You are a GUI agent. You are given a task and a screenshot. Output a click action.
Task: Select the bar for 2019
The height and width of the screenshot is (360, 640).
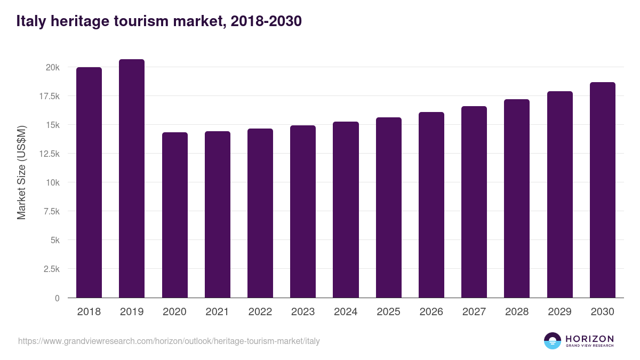(132, 179)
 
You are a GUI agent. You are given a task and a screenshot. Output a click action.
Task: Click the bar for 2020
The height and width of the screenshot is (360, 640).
(175, 215)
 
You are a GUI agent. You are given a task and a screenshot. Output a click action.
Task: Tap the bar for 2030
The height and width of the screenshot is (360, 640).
(603, 190)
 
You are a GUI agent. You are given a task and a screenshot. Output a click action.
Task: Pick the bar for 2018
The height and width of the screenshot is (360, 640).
(89, 182)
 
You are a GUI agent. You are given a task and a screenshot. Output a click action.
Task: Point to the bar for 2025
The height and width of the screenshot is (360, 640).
(389, 207)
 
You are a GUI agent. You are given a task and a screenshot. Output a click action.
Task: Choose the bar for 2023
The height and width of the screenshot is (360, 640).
(303, 211)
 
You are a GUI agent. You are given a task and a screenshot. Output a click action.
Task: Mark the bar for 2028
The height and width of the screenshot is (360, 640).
(517, 198)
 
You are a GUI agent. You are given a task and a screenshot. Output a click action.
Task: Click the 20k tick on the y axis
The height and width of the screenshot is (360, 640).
(52, 68)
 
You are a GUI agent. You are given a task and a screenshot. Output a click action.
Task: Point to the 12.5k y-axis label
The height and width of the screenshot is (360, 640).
(49, 154)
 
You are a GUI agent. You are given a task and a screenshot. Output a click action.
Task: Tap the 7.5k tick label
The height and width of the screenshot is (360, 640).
(51, 212)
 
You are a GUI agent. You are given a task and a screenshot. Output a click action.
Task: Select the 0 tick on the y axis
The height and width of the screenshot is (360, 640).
(57, 298)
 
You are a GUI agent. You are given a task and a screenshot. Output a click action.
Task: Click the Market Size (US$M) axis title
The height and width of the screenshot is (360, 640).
(21, 172)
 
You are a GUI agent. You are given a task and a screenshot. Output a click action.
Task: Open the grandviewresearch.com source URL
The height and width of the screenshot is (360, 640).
(169, 341)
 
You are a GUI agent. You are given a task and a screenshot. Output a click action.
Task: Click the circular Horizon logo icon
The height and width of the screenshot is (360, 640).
(553, 341)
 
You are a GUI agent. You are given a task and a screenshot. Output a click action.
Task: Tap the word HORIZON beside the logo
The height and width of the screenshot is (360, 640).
(589, 339)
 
